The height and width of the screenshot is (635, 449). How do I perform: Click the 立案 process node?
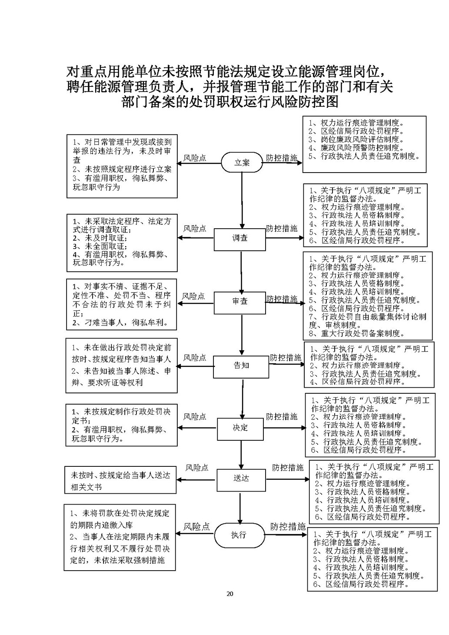242,163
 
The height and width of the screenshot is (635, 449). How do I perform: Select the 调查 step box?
240,239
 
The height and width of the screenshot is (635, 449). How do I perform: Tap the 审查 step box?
240,302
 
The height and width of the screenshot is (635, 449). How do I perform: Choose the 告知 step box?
241,366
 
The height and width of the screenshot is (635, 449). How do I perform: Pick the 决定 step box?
240,428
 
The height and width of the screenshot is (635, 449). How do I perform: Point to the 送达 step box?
241,478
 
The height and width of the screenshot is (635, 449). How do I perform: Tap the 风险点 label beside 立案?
195,158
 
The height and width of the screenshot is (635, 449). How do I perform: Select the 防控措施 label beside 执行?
288,527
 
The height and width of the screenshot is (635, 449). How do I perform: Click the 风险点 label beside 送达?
197,468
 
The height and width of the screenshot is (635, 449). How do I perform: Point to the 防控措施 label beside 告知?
286,358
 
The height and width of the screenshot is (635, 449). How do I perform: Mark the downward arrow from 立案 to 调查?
242,200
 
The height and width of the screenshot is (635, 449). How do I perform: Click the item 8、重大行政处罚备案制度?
356,333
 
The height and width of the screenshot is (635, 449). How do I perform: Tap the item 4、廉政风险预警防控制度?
356,148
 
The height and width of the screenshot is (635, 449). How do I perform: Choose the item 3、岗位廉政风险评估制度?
356,140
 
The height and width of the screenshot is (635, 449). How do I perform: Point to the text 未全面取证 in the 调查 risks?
105,246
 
